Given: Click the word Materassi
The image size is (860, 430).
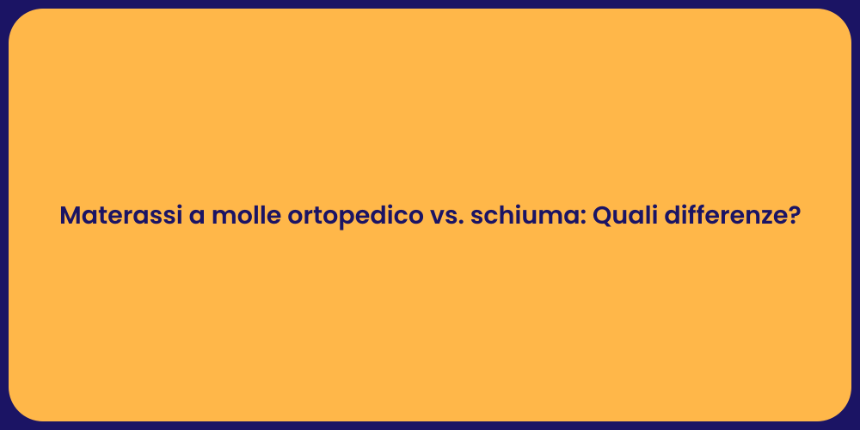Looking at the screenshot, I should click(x=120, y=216).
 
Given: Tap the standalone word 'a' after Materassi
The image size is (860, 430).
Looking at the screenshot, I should click(x=195, y=217).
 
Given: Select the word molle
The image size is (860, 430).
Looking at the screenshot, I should click(x=242, y=216).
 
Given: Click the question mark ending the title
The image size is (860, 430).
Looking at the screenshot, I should click(x=794, y=216).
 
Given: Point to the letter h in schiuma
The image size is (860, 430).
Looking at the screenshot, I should click(x=499, y=216).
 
